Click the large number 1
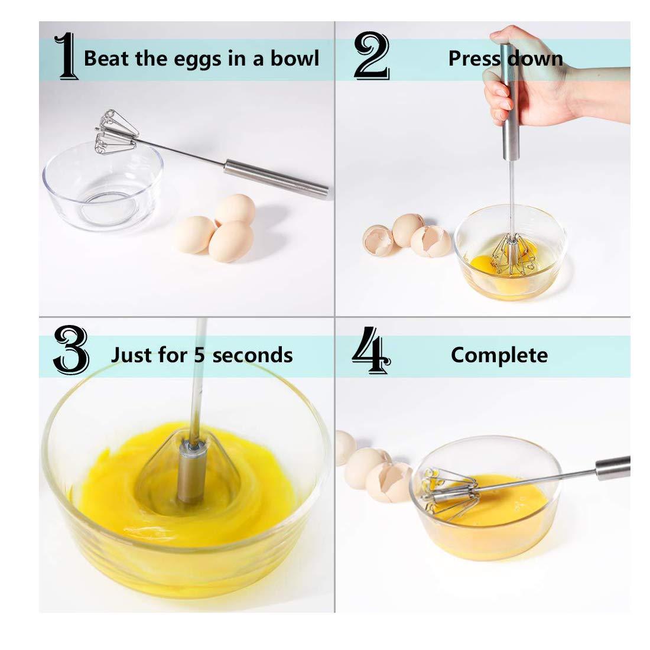[66, 57]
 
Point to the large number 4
[370, 353]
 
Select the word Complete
[499, 355]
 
